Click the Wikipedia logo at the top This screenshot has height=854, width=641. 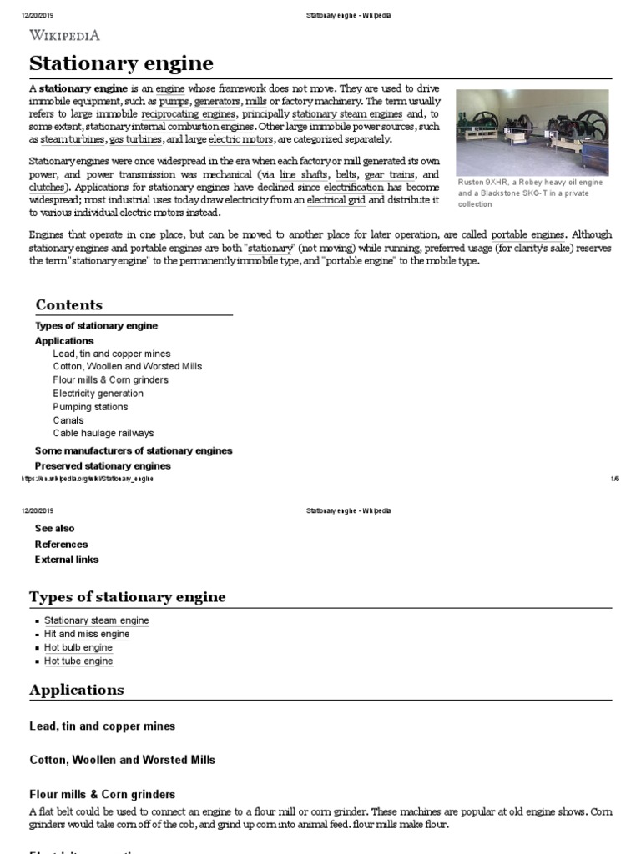(65, 35)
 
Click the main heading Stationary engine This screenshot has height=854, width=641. (121, 63)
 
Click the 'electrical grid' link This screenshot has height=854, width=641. (336, 200)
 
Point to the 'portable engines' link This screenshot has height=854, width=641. (529, 235)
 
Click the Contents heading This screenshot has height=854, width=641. (68, 305)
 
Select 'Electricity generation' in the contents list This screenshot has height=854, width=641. (98, 394)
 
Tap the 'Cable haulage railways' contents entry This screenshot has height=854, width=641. (103, 434)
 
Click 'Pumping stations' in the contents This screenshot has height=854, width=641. (90, 407)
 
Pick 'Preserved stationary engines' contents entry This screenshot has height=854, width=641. (103, 465)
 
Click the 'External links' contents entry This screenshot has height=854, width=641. (66, 560)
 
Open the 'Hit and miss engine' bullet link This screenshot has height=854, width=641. (87, 635)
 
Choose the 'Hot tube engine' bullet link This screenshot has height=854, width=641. (78, 661)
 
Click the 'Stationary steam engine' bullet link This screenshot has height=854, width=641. (97, 621)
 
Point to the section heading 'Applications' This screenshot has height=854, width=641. (76, 691)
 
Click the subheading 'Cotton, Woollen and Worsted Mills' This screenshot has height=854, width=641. (122, 760)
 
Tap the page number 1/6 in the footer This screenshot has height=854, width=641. (614, 479)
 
